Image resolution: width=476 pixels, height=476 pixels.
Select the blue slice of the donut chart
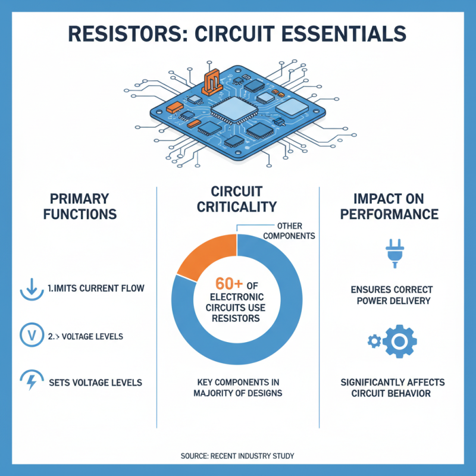(x=280, y=333)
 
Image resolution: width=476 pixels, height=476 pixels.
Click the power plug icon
(x=394, y=253)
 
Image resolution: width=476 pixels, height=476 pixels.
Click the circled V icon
(x=29, y=336)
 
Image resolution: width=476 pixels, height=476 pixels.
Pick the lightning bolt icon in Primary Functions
(x=29, y=381)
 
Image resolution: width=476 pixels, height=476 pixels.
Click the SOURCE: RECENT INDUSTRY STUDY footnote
(x=237, y=456)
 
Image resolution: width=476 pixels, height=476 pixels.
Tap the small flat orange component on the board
(x=174, y=108)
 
